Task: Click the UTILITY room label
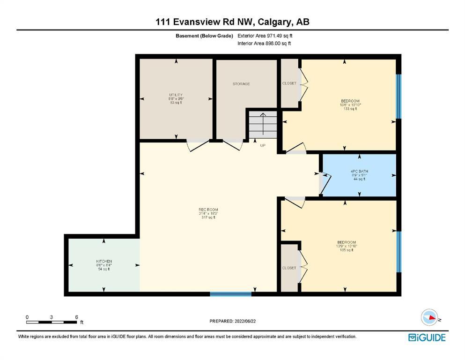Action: (x=176, y=95)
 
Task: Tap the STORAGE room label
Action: (x=241, y=84)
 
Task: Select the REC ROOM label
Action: (x=208, y=210)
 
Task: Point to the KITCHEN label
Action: (x=104, y=261)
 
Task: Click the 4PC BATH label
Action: (x=359, y=171)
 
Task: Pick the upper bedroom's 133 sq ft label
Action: (x=350, y=109)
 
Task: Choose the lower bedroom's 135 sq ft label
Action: (x=347, y=250)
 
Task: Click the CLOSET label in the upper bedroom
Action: (x=289, y=83)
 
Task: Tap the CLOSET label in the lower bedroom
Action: (x=289, y=268)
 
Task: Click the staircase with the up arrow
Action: (x=263, y=124)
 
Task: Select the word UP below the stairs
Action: (x=263, y=145)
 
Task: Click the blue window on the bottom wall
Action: (x=231, y=294)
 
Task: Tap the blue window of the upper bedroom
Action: (x=399, y=97)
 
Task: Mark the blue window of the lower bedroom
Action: (x=399, y=252)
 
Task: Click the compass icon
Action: (x=429, y=317)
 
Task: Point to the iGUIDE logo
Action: (x=427, y=337)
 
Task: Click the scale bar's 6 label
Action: (x=76, y=317)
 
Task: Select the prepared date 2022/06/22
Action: (x=245, y=321)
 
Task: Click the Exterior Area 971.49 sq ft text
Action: (x=265, y=36)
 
